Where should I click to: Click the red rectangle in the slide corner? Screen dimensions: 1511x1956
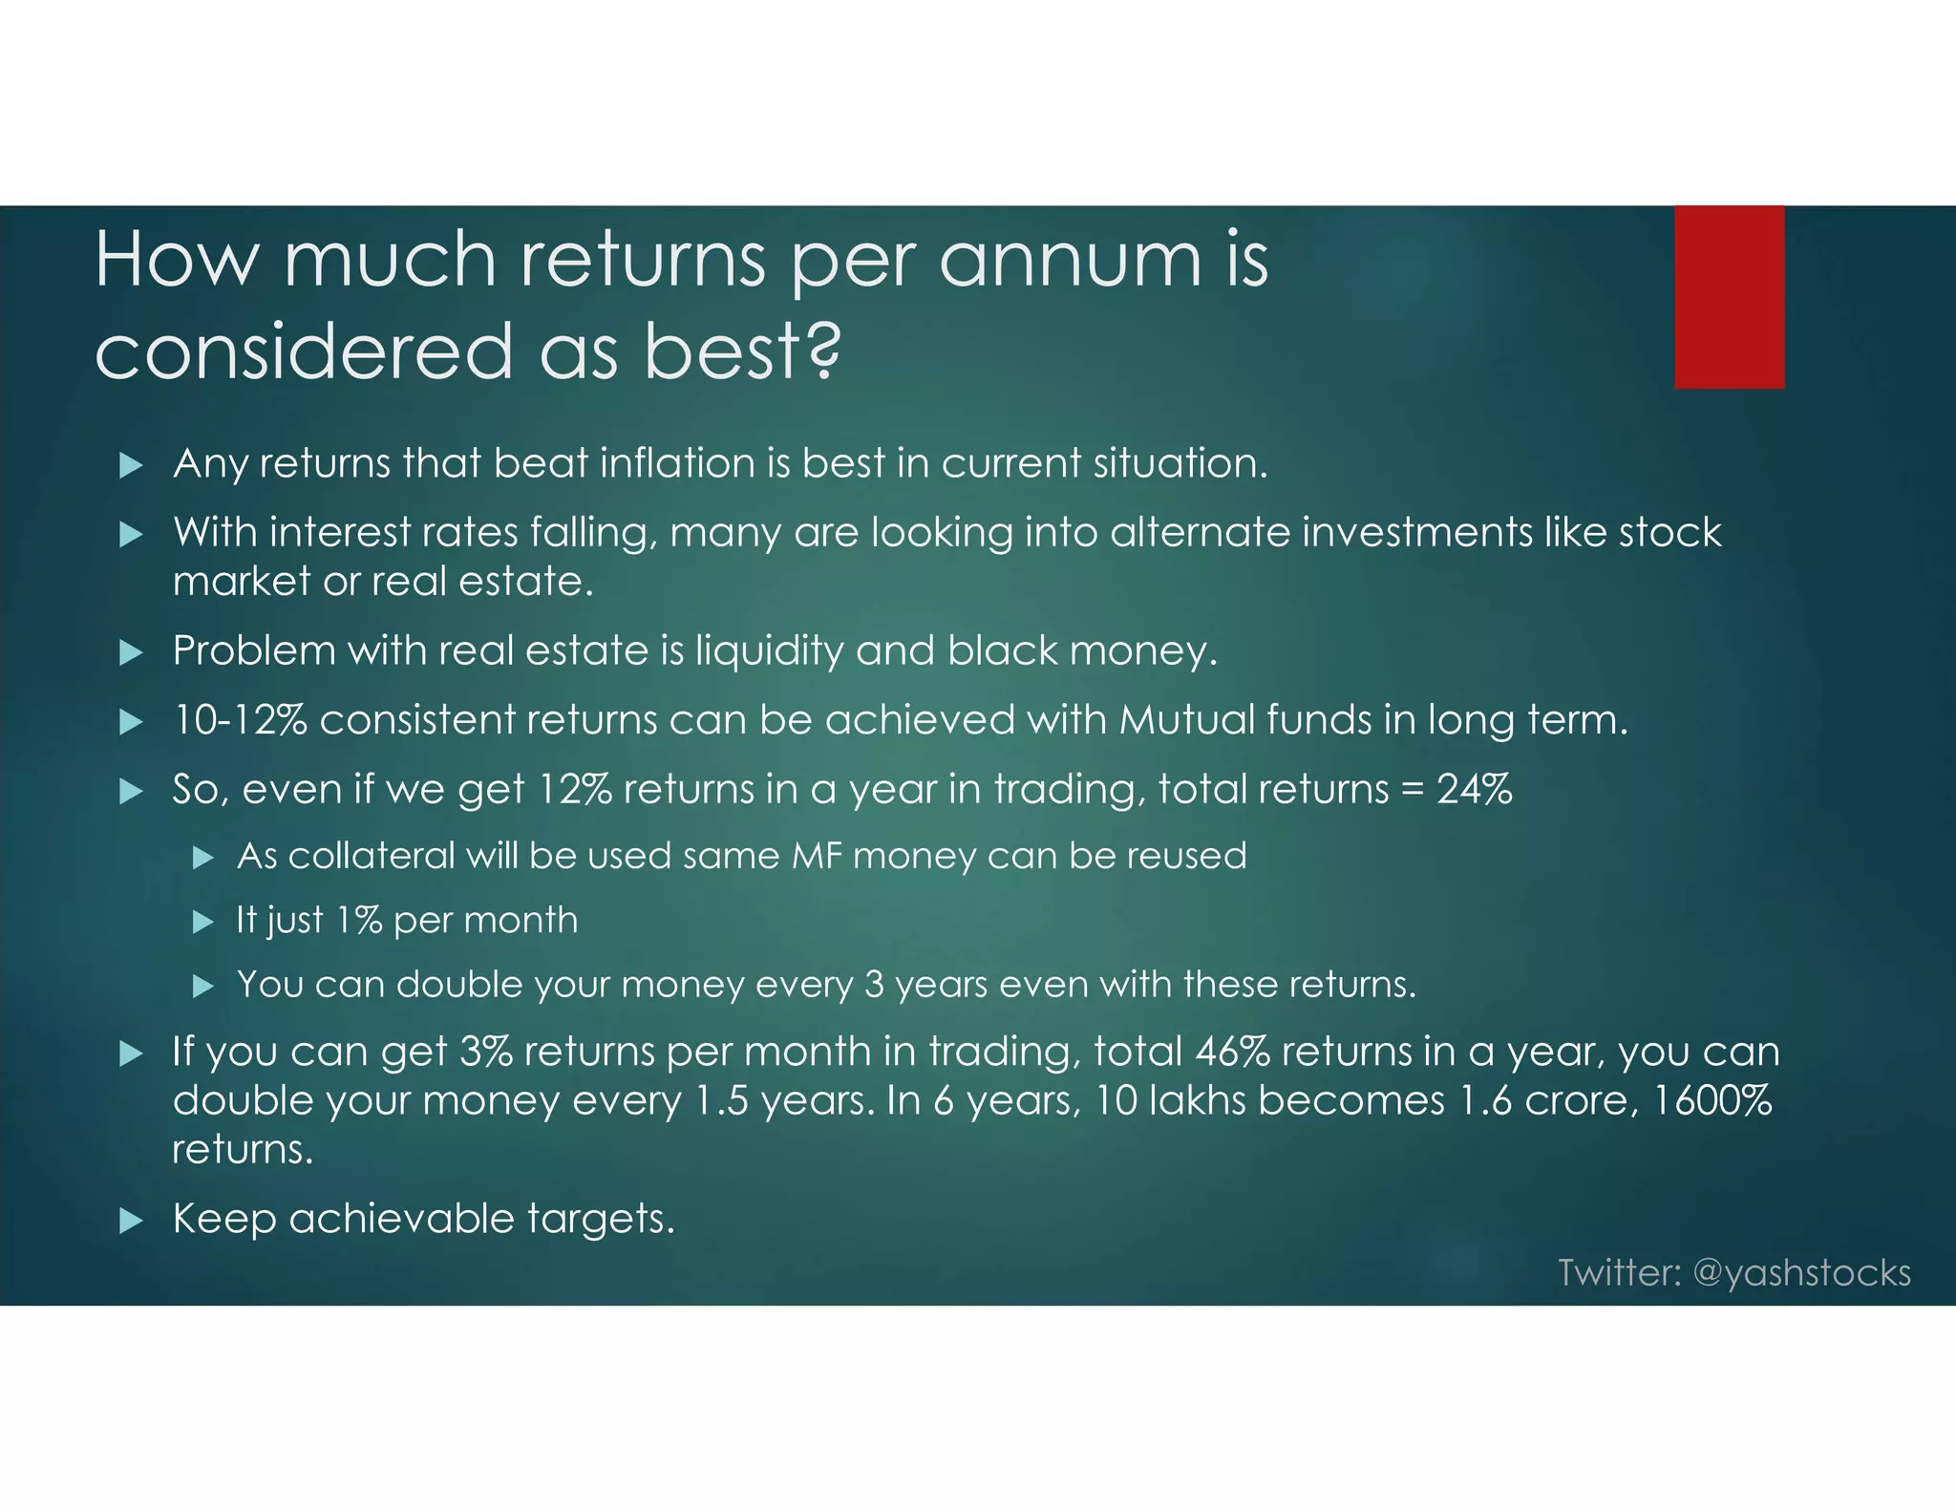tap(1729, 296)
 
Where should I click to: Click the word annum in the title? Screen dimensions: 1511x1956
tap(1071, 260)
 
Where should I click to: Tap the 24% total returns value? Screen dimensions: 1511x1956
tap(1475, 790)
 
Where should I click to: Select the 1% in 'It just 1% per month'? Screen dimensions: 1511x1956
tap(359, 921)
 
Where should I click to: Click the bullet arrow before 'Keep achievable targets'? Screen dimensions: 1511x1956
tap(131, 1220)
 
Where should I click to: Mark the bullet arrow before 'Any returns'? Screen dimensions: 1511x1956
tap(131, 465)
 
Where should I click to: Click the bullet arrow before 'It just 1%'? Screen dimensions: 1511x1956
tap(202, 922)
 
